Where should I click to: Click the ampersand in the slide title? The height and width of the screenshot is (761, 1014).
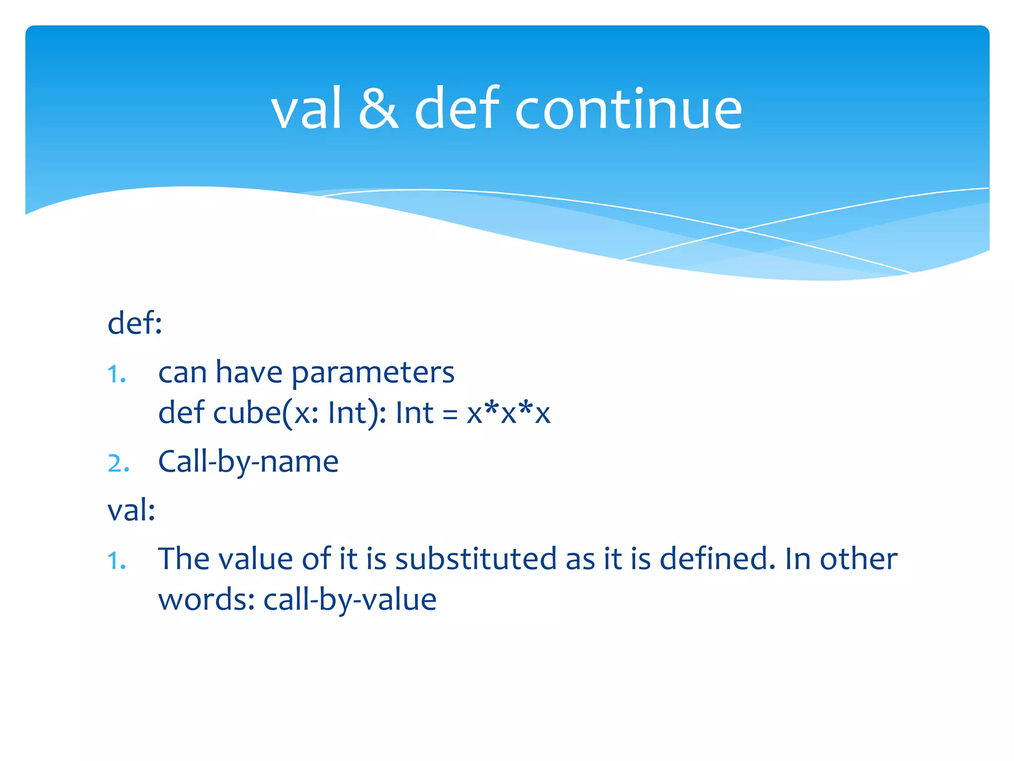click(x=378, y=109)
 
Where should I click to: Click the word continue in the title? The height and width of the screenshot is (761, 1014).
click(x=628, y=109)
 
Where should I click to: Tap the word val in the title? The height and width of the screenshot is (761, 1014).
click(x=306, y=109)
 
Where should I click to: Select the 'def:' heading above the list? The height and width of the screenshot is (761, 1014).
click(x=135, y=324)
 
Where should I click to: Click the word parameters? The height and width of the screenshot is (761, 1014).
click(x=372, y=373)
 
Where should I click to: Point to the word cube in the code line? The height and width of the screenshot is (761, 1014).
click(x=247, y=413)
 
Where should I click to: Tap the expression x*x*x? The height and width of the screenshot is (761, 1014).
click(x=508, y=413)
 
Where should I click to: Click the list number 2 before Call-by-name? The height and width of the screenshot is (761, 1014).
click(x=118, y=464)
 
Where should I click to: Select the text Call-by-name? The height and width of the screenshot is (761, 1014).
click(x=248, y=462)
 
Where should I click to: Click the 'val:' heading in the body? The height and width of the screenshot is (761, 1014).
click(x=131, y=510)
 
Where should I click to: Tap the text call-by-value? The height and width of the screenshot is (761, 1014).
click(x=350, y=600)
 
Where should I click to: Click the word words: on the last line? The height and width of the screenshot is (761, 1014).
click(x=206, y=600)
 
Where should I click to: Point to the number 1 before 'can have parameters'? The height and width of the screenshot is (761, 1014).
click(x=116, y=375)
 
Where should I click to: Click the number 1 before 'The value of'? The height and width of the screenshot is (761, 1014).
click(x=116, y=561)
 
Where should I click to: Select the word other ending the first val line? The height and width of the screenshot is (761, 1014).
click(x=859, y=559)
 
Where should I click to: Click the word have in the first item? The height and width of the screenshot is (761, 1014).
click(x=249, y=373)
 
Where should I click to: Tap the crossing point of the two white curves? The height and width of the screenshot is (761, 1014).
click(x=741, y=230)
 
